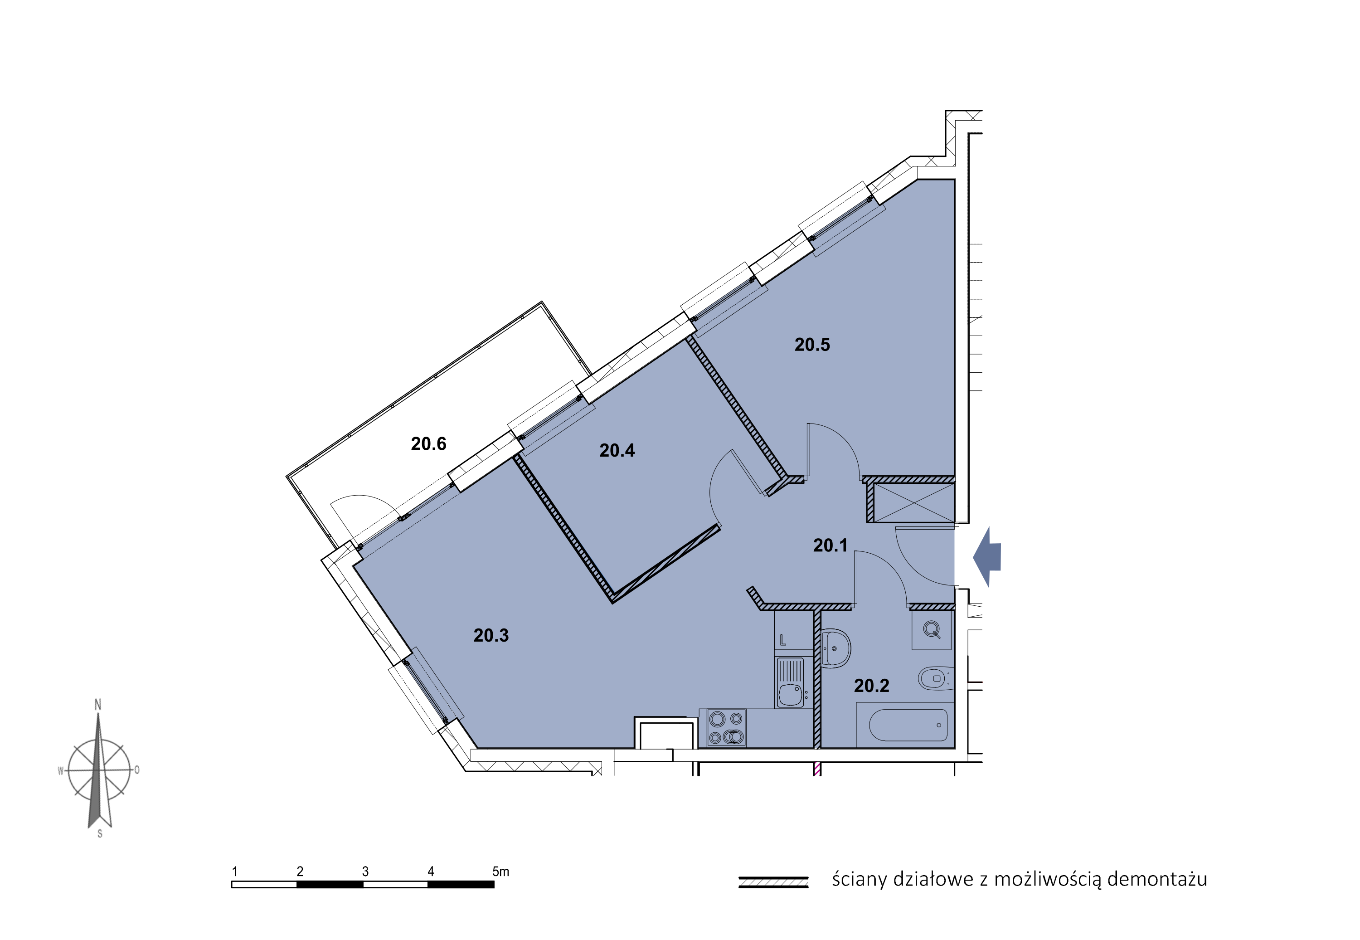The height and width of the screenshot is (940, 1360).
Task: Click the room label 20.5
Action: point(812,345)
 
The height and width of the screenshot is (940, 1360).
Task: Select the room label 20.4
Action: point(617,451)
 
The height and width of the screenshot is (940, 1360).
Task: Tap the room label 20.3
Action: point(491,635)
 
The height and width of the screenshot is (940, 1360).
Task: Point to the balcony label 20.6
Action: point(428,443)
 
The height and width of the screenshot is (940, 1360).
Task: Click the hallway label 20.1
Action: point(831,545)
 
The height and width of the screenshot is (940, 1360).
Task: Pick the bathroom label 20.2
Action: point(871,686)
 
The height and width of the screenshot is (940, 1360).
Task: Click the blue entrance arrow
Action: point(987,556)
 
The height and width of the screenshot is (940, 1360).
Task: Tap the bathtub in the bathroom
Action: point(908,725)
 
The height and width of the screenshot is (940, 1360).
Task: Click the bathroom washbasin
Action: point(835,648)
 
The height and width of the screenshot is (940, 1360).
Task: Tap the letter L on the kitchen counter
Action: point(782,640)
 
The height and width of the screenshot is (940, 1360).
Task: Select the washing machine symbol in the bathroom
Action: point(932,630)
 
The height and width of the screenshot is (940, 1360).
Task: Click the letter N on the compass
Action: point(98,704)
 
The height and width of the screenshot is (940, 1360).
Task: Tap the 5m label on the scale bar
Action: point(500,871)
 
